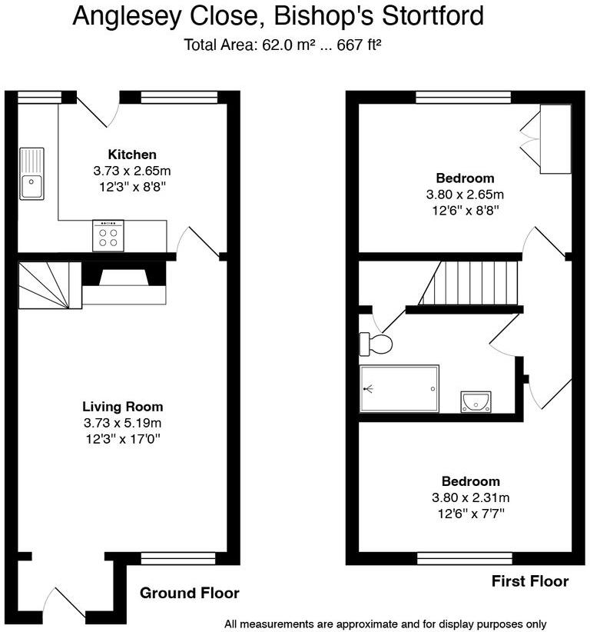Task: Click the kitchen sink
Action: (x=31, y=173)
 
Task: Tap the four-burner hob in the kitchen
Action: (x=108, y=235)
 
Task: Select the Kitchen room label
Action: (x=132, y=155)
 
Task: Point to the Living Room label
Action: (x=123, y=407)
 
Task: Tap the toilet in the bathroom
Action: (x=376, y=344)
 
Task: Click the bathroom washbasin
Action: (x=476, y=401)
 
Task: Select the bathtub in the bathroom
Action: (x=399, y=389)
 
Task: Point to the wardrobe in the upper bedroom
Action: (x=555, y=138)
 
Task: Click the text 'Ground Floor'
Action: (x=189, y=593)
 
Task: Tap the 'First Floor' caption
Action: (x=530, y=581)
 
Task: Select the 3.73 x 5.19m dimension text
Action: (x=123, y=423)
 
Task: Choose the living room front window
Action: (x=167, y=559)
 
